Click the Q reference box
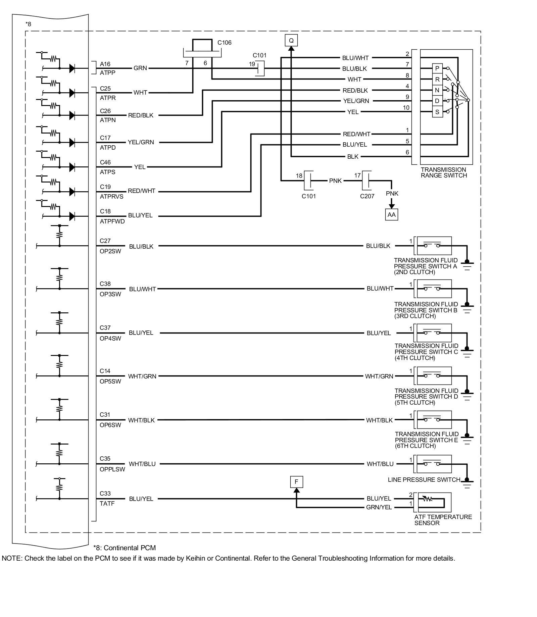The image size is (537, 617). tap(291, 41)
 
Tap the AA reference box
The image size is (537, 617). tap(391, 214)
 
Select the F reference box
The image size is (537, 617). tap(296, 482)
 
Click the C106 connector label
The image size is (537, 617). tap(224, 43)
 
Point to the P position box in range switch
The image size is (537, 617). tap(437, 68)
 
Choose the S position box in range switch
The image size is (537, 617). tap(437, 112)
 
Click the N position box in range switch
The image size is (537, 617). tap(437, 90)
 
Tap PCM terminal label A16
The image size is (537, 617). tap(105, 64)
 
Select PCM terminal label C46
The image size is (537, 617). tap(105, 162)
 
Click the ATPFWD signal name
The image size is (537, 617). tap(112, 221)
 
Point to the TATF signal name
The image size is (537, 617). tap(107, 503)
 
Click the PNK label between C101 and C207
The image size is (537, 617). tap(335, 181)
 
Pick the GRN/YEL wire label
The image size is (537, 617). tap(379, 507)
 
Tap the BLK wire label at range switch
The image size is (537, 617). tap(353, 157)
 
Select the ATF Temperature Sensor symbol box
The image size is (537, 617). tap(433, 502)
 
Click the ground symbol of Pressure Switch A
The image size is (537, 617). tap(467, 264)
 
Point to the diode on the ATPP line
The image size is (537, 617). tap(72, 68)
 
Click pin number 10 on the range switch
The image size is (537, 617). tap(406, 108)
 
